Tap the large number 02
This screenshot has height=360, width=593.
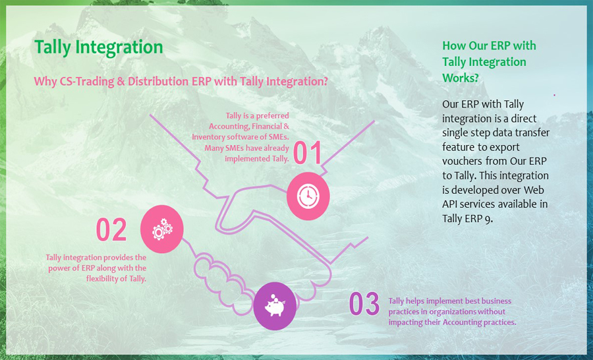111,229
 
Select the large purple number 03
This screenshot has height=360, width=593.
364,303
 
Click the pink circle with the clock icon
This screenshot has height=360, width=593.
308,196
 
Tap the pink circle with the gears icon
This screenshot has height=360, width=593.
162,229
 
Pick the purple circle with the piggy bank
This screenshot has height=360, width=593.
275,306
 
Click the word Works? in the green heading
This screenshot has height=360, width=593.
461,78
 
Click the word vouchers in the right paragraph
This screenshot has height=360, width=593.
462,162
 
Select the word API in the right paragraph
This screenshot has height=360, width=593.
449,204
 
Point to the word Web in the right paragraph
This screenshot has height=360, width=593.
536,190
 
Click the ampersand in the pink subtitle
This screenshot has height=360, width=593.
121,81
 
